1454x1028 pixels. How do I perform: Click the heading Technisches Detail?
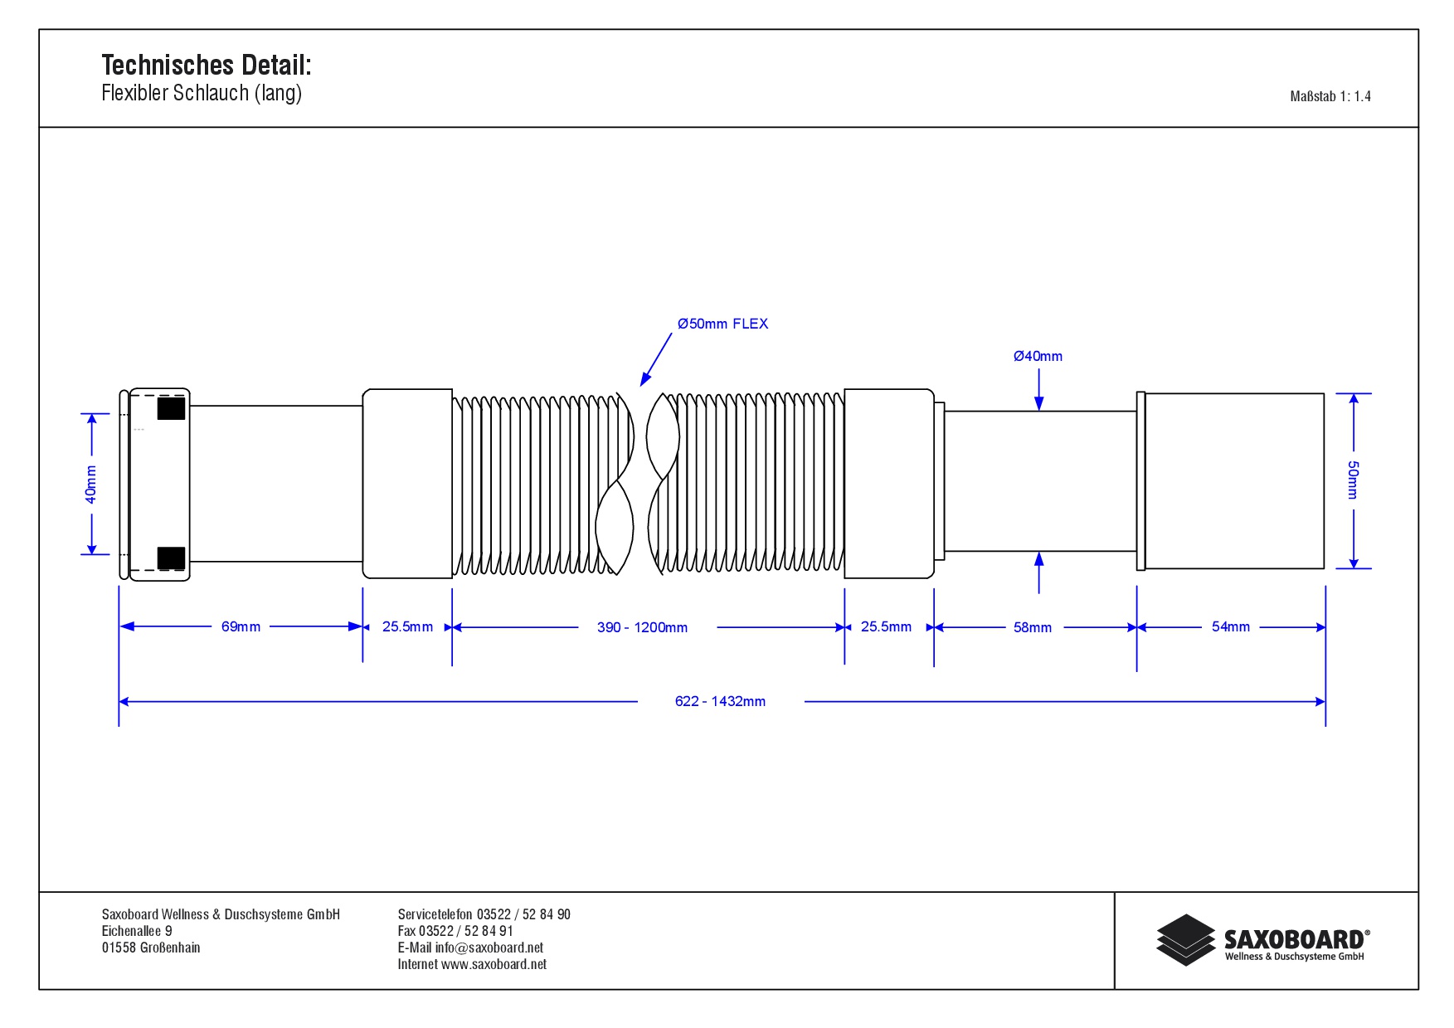207,65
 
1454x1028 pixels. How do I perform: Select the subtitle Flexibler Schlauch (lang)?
202,93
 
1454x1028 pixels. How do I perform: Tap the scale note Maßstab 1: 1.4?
1330,96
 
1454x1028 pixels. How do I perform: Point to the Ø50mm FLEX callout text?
722,324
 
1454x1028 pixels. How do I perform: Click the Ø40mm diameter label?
1038,356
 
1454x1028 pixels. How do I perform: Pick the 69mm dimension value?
241,626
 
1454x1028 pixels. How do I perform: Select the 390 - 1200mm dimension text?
642,627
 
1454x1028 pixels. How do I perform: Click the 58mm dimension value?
1033,627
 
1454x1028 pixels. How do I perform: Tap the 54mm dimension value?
1231,626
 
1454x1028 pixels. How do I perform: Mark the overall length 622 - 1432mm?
720,701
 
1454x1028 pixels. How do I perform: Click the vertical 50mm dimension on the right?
1353,480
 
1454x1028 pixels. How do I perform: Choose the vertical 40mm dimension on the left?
90,484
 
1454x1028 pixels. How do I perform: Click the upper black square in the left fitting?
171,408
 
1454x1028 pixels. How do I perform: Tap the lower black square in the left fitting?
171,558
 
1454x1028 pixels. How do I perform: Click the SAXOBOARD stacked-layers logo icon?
1186,940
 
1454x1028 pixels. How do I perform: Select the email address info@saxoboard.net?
489,948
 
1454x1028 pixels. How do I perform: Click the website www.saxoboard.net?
494,964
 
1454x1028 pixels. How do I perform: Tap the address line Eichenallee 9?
137,931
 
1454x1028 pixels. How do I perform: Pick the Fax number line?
455,931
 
